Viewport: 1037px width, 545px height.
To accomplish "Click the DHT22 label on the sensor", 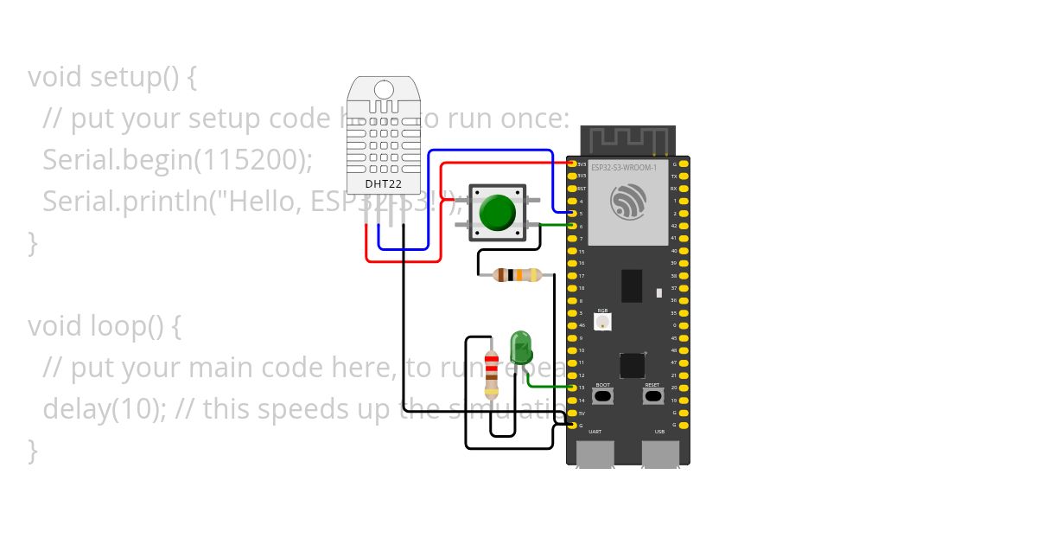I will tap(383, 184).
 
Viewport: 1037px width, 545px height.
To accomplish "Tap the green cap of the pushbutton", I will tap(496, 212).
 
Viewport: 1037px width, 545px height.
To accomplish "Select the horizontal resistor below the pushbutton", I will tap(516, 275).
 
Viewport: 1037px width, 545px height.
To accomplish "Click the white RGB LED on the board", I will tap(602, 322).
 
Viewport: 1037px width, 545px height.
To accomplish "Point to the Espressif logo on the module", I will tap(628, 202).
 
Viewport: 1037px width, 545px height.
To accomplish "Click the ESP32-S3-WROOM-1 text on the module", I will tap(624, 166).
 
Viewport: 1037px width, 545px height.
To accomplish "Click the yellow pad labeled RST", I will tap(571, 188).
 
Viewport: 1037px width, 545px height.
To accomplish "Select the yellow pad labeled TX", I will tap(685, 176).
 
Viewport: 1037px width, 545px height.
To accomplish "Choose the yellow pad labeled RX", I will tap(685, 188).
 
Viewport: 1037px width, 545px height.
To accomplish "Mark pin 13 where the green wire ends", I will tap(571, 388).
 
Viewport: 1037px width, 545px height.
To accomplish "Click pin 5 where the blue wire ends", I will tap(571, 213).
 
